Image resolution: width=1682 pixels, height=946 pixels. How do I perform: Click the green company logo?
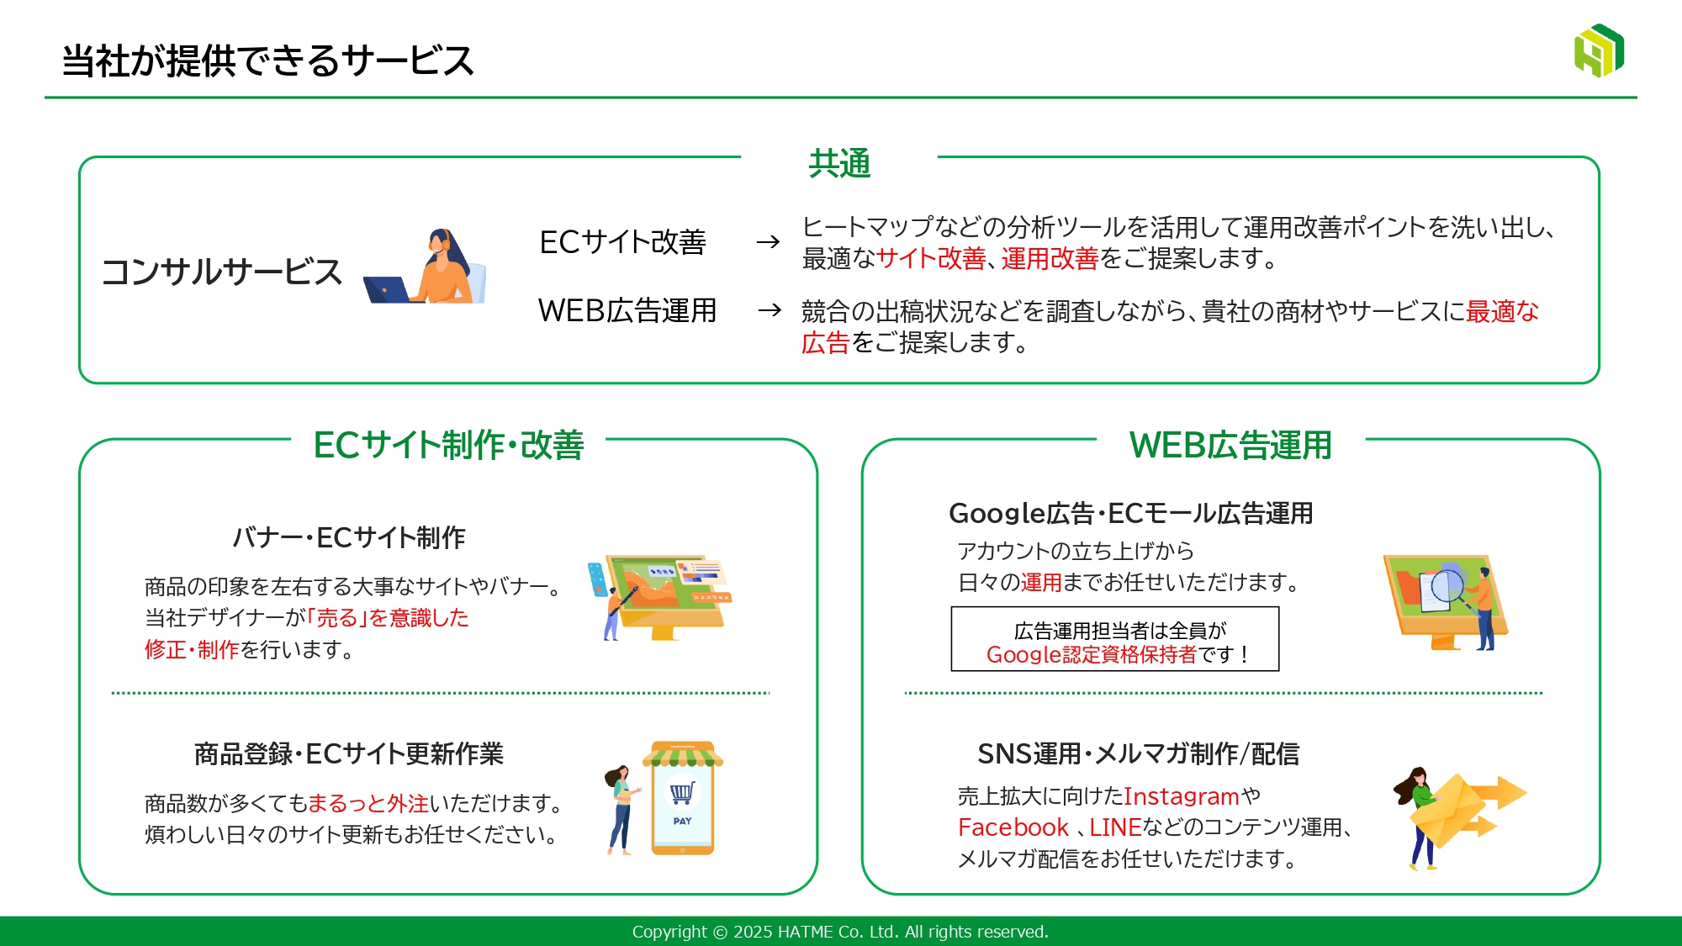1599,50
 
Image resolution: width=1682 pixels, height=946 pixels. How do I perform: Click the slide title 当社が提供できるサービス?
267,61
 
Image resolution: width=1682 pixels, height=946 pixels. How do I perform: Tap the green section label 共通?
839,163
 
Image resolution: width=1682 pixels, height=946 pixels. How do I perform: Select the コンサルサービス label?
221,272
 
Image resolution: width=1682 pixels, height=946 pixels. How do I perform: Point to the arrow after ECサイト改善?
768,242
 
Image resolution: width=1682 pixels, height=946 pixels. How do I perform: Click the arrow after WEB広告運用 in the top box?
770,310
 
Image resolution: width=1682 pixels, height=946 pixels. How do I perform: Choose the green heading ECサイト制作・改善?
448,445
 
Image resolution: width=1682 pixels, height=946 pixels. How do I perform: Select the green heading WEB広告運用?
1230,445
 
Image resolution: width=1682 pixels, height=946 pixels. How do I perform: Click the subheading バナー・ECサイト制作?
349,537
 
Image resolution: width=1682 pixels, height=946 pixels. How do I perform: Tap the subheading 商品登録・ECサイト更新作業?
349,753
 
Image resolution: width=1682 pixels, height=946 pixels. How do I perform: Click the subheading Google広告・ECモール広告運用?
1131,513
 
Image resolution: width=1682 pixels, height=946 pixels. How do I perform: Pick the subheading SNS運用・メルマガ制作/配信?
1138,753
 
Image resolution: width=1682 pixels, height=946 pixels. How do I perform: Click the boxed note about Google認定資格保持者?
1115,639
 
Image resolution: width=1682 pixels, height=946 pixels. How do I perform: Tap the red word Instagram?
1182,795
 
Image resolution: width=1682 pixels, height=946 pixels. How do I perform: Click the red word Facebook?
1013,827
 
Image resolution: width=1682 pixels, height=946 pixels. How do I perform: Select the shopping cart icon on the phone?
682,792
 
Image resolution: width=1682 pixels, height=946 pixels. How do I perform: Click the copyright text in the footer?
840,932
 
